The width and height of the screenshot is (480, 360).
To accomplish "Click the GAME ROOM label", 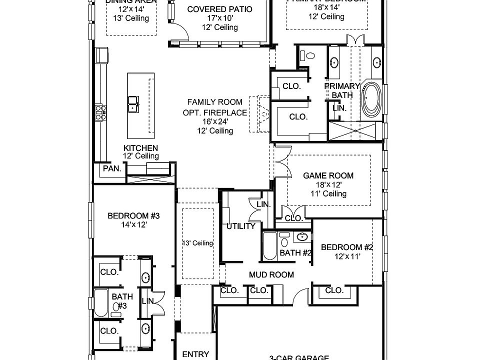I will (x=328, y=175).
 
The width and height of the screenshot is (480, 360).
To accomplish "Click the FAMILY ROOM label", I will (x=214, y=102).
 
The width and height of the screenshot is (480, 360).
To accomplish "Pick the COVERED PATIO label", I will (x=219, y=9).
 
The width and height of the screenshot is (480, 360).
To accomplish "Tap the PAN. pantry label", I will (x=112, y=168).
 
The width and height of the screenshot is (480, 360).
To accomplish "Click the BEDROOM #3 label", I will (x=133, y=216).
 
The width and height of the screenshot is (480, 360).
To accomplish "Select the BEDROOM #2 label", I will (x=347, y=247).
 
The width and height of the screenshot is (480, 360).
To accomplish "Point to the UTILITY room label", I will (x=241, y=226).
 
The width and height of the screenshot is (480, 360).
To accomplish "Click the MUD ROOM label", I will (x=271, y=274).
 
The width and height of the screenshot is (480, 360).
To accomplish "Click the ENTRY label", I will (x=195, y=354).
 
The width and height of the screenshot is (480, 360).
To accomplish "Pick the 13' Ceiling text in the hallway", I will (x=197, y=243).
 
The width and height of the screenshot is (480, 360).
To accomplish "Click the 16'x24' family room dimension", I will (x=214, y=121).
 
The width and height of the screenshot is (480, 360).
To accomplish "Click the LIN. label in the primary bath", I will (x=339, y=107).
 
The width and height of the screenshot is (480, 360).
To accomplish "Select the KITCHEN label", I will (x=141, y=148).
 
